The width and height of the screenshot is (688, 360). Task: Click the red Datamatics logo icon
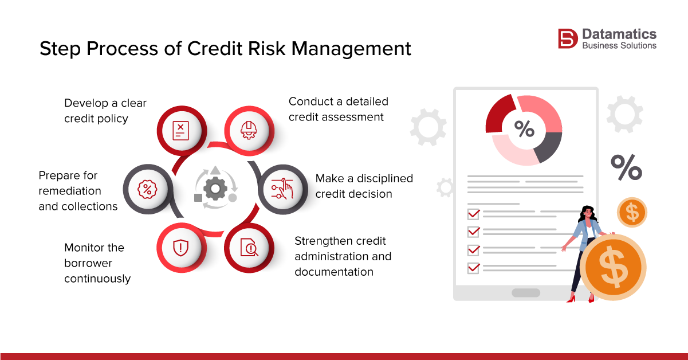[x=568, y=38]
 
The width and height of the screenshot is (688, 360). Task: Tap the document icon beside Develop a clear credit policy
[x=180, y=130]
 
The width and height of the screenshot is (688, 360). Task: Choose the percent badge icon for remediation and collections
[x=147, y=189]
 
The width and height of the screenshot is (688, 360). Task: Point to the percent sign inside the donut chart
[x=524, y=130]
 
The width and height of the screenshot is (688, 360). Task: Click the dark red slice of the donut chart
[x=500, y=114]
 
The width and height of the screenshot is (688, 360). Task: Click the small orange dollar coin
[x=632, y=213]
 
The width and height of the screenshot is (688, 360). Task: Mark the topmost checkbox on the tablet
[x=473, y=214]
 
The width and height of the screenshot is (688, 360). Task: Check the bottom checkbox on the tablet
[x=473, y=268]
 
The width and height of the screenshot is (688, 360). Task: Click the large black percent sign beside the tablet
[x=626, y=167]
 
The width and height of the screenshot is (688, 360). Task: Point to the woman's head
[x=588, y=213]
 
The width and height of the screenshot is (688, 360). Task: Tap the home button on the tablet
[x=525, y=292]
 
